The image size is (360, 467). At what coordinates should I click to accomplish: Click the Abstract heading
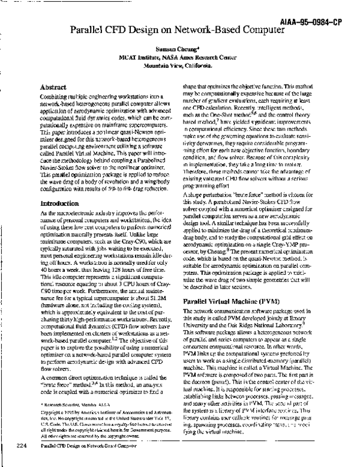[x=53, y=87]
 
